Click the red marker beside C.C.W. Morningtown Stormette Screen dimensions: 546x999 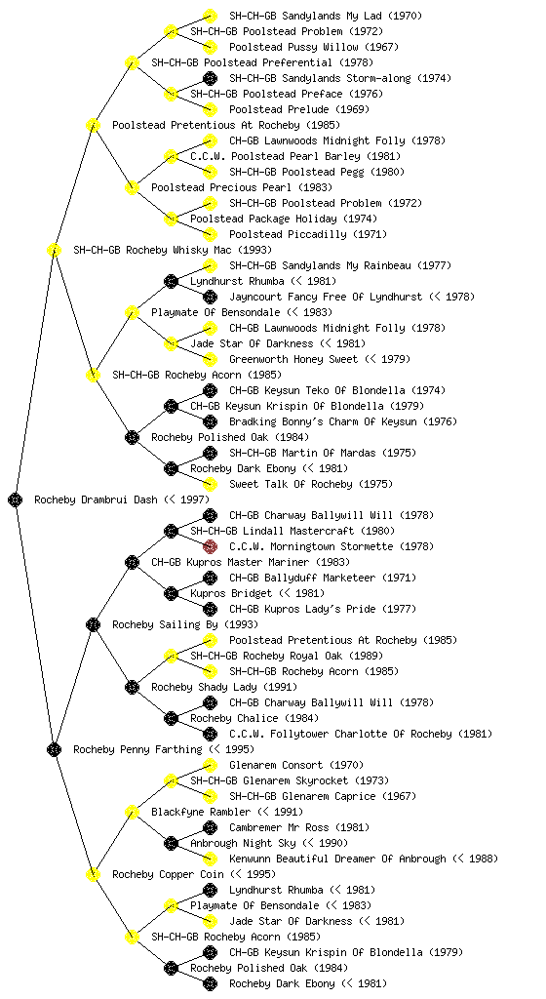click(x=210, y=546)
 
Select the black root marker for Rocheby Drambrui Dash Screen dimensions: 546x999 click(x=16, y=499)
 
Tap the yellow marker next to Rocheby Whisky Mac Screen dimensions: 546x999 click(x=54, y=250)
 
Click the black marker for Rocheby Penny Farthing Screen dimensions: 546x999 click(x=54, y=749)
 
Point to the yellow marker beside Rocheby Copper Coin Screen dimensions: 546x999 click(x=93, y=874)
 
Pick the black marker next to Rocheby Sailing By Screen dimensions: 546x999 click(x=93, y=624)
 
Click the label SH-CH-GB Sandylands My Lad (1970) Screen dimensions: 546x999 click(x=326, y=16)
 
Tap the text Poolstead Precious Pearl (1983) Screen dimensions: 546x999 click(x=242, y=188)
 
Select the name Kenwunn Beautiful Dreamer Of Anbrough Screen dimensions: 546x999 click(x=337, y=859)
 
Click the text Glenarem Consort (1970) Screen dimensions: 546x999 click(x=296, y=765)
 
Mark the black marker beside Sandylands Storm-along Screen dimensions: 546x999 click(x=210, y=78)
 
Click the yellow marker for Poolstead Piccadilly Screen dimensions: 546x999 click(x=210, y=234)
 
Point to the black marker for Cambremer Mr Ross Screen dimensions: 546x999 click(x=210, y=827)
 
